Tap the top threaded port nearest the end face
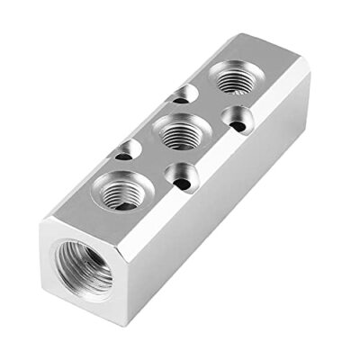point(121,191)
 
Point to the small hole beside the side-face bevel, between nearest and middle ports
point(180,178)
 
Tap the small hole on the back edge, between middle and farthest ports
point(185,93)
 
